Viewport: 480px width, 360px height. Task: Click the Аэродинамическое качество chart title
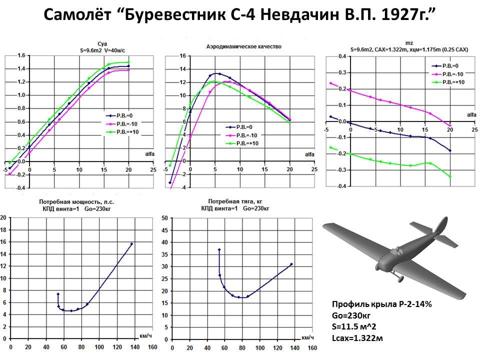(x=244, y=46)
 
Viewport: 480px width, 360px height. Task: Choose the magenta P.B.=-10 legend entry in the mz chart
(x=445, y=73)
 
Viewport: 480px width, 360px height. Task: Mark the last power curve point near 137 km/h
(x=131, y=243)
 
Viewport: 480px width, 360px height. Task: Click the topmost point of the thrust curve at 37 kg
(x=219, y=249)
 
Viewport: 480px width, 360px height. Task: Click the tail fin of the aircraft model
(x=439, y=228)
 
